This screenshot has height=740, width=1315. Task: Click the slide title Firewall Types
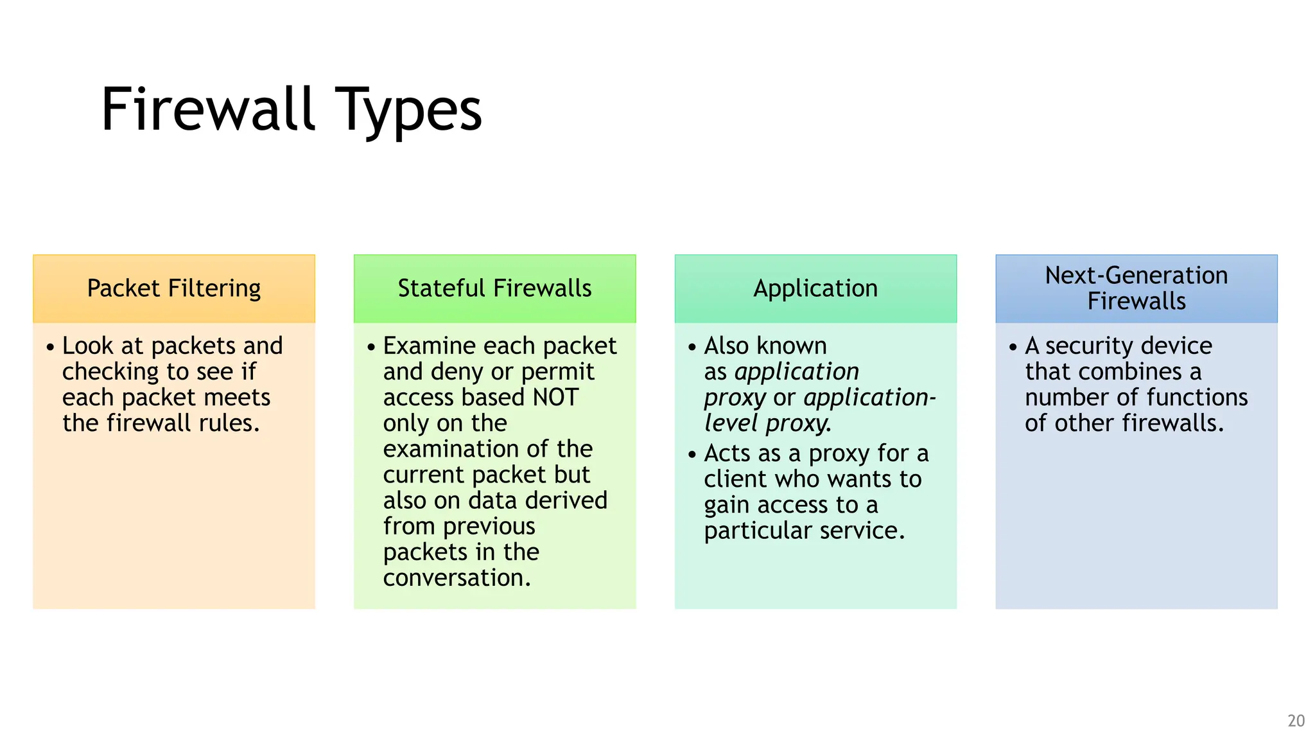291,110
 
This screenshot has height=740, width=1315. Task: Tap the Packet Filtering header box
174,288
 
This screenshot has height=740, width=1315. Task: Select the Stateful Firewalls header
494,288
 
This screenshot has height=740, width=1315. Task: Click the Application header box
815,288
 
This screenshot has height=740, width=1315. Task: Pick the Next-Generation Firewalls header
1136,288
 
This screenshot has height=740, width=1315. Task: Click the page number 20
1296,721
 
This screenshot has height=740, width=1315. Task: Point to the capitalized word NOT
556,398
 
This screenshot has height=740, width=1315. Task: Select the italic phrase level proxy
767,423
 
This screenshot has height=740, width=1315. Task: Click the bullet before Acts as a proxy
692,455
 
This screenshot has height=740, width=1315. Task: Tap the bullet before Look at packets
50,348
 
